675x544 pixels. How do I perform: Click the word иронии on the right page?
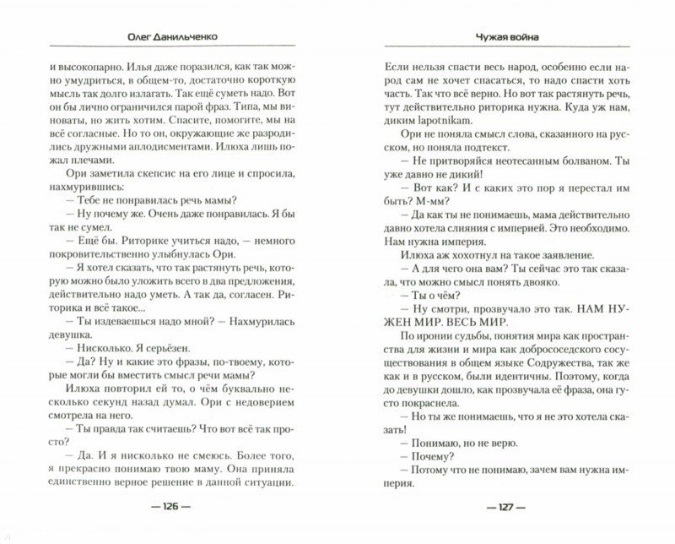425,349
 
